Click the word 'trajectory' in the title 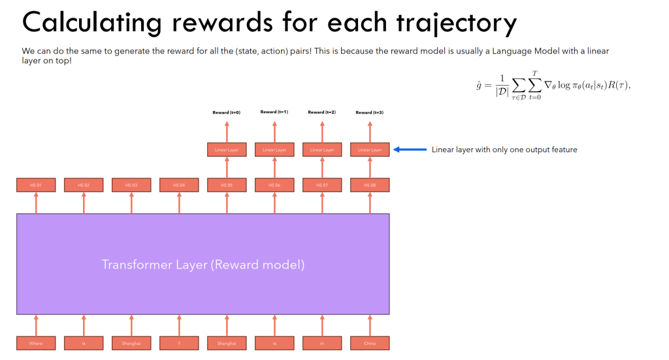point(444,23)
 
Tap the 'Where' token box point(36,342)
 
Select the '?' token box point(179,342)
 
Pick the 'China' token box point(370,342)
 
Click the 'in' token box point(322,342)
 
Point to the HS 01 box point(36,186)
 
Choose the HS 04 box point(179,186)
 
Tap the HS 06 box point(274,186)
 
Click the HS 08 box point(370,186)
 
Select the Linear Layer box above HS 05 point(227,150)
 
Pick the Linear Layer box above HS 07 point(322,150)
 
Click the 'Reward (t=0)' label point(227,112)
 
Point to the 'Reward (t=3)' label point(370,112)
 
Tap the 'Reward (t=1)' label point(274,112)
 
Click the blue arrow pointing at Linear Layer point(410,150)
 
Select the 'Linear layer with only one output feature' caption point(504,150)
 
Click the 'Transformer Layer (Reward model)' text point(203,265)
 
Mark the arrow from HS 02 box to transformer point(84,203)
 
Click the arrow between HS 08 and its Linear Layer point(370,167)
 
